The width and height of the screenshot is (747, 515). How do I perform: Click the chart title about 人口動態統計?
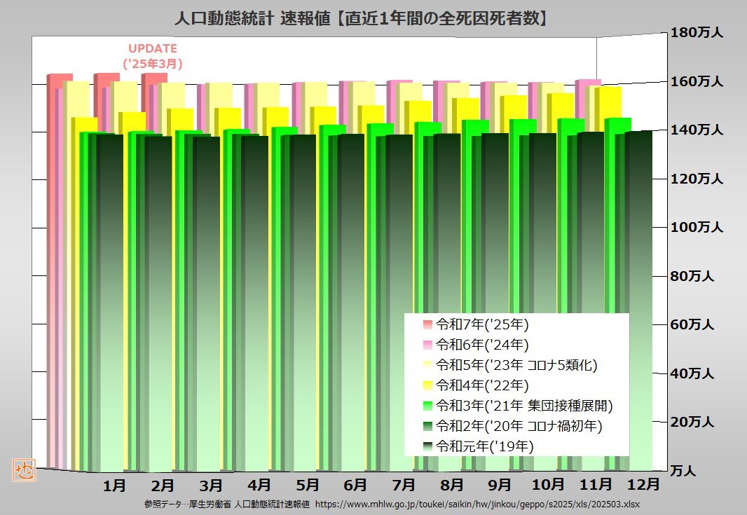pos(361,18)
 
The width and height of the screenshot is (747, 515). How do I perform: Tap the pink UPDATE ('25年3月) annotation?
pos(153,56)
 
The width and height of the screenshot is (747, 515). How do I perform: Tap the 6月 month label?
pos(355,484)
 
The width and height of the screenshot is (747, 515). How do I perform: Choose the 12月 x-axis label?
pos(643,484)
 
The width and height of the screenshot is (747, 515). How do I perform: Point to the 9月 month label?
pos(500,484)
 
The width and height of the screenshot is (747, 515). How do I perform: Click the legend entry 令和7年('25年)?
pos(481,324)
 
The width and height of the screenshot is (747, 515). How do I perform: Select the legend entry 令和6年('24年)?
pos(481,345)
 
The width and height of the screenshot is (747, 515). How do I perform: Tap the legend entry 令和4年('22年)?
pos(481,385)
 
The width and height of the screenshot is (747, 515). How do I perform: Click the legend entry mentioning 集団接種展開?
pos(524,405)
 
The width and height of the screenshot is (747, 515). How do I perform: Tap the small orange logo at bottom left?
pos(23,469)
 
